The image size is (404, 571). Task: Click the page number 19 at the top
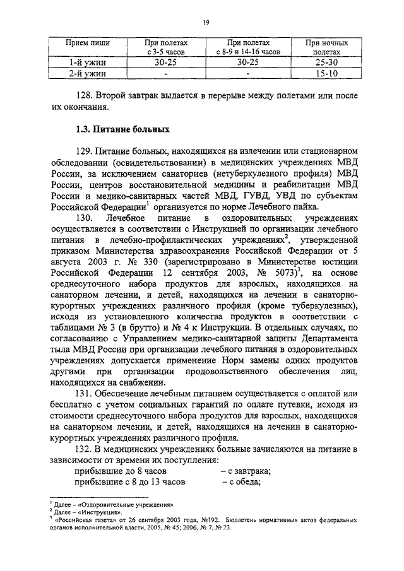point(206,23)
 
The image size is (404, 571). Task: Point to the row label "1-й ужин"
point(88,63)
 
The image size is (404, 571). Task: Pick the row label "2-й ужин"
point(88,74)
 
